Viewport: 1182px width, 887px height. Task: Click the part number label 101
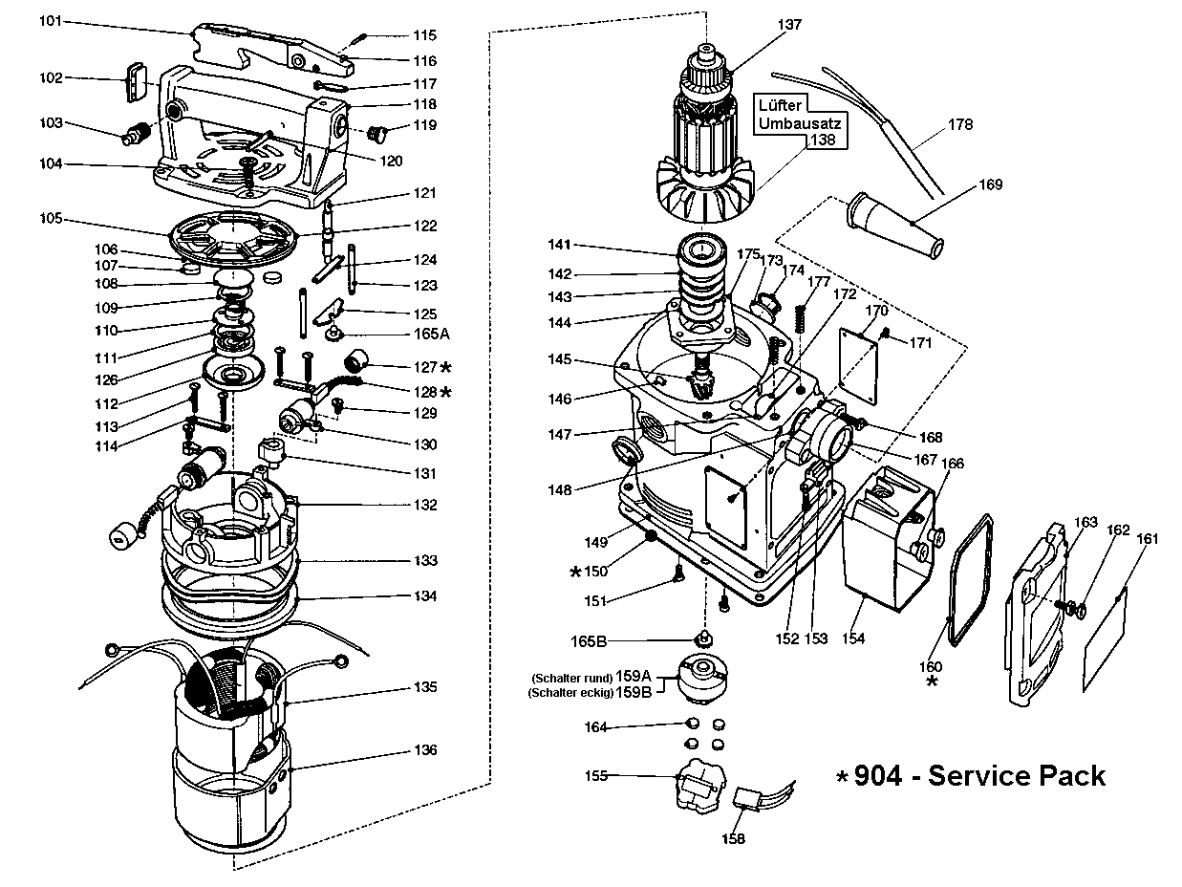(x=51, y=21)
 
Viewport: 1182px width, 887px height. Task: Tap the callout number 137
(x=789, y=24)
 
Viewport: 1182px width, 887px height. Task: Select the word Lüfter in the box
(x=781, y=105)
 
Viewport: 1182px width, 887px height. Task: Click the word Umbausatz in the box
(x=800, y=123)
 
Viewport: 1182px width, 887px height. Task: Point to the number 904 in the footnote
(x=878, y=776)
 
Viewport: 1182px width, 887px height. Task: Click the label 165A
(x=431, y=334)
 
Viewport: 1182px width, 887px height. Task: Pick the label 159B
(x=634, y=692)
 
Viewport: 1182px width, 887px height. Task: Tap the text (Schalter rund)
(x=571, y=678)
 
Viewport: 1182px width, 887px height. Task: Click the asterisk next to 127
(x=446, y=367)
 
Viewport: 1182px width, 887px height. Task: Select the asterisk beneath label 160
(x=933, y=681)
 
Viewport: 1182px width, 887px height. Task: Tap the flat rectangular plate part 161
(x=1105, y=641)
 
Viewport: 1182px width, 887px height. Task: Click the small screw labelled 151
(x=677, y=570)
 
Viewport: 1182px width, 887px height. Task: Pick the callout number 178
(x=960, y=124)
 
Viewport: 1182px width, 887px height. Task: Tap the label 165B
(x=590, y=641)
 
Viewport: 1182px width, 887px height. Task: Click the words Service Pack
(x=1017, y=776)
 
